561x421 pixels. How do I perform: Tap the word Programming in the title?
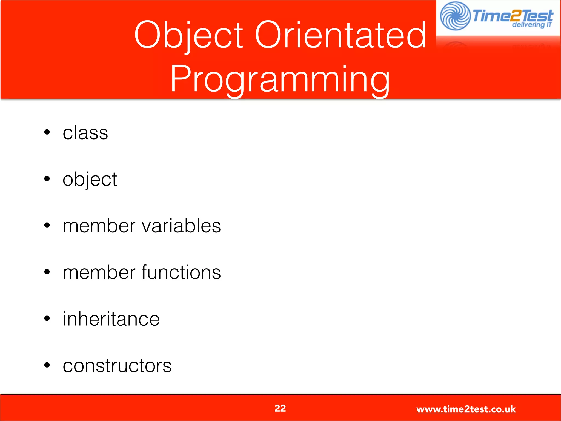280,79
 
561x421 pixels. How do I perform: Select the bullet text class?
85,133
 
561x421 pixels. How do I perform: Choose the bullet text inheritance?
111,319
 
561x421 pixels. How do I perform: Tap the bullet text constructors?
117,366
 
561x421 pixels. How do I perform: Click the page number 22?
280,408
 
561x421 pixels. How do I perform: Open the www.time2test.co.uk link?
466,409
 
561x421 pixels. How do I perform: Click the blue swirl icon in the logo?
455,16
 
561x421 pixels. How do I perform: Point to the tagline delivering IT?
531,25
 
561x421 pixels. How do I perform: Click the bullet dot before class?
47,132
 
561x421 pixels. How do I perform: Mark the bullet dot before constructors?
47,365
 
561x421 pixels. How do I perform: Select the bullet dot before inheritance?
47,318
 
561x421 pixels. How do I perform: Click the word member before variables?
99,226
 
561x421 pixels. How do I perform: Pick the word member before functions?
99,273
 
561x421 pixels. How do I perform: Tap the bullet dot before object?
47,179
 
